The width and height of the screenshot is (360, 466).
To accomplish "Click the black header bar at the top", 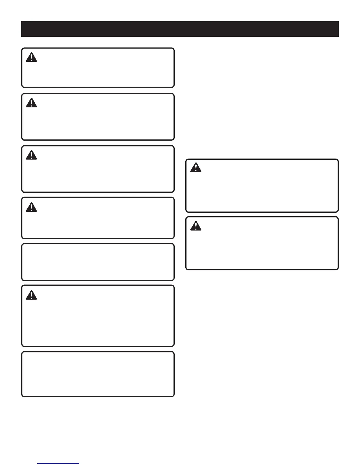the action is (180, 29).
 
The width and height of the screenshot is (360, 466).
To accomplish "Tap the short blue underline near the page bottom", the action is (58, 464).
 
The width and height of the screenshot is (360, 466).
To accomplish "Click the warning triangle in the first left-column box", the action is (31, 57).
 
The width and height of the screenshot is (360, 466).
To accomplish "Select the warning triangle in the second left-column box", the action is (31, 103).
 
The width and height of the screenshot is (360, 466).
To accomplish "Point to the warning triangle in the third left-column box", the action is (31, 155).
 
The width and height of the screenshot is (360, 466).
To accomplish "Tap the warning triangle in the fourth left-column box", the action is (31, 207).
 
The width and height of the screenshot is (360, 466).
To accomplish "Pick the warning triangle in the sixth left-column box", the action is (31, 295).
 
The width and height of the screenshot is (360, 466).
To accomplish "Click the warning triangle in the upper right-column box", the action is (196, 168).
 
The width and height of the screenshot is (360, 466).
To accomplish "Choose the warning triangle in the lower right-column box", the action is (196, 226).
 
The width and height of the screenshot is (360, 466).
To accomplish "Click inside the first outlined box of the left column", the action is (98, 68).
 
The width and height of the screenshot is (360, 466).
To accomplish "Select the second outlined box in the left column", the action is (98, 117).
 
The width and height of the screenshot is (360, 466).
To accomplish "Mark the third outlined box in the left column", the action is (98, 169).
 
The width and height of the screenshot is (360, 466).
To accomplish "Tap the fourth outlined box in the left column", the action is (98, 218).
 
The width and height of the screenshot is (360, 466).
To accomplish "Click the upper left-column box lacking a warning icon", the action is (98, 262).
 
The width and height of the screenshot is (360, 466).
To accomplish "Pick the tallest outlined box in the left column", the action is (98, 316).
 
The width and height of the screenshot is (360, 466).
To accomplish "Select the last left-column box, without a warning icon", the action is (98, 374).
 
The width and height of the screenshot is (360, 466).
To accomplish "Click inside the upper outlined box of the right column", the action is (262, 186).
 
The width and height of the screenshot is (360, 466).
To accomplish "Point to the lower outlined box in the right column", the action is (262, 243).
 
